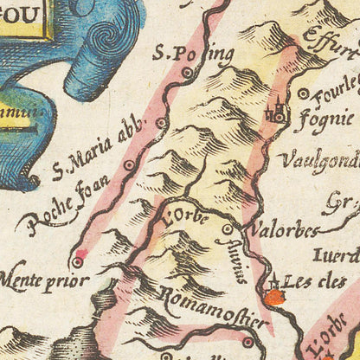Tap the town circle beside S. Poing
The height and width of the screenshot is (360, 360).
click(x=187, y=74)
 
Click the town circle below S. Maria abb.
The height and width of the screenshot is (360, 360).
click(x=129, y=164)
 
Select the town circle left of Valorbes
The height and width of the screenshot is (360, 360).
click(x=228, y=229)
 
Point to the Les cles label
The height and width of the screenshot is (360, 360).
click(x=313, y=282)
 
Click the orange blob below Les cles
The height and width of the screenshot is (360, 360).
click(x=274, y=299)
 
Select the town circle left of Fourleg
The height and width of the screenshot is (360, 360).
click(x=303, y=93)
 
